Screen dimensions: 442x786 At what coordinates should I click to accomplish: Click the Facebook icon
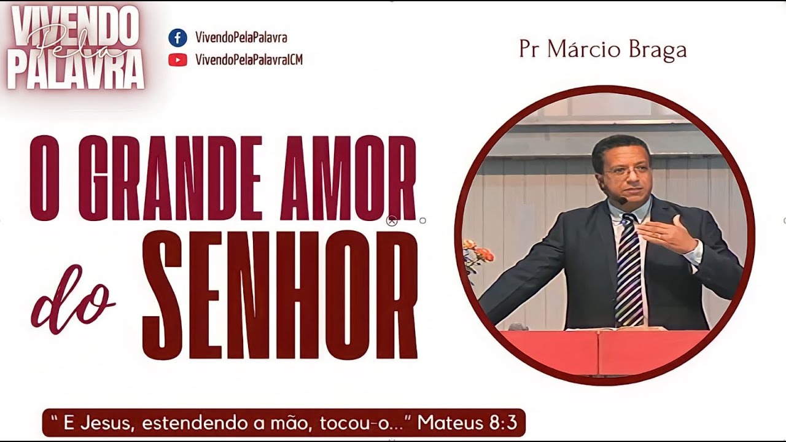coord(177,37)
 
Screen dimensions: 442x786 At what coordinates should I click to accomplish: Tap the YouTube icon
coord(177,60)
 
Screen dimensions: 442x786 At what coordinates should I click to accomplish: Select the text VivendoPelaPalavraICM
coord(249,60)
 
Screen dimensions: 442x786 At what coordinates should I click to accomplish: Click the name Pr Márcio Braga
coord(602,50)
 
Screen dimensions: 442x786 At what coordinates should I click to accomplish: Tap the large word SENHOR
coord(280,295)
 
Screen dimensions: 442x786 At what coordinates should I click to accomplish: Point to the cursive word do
coord(74,303)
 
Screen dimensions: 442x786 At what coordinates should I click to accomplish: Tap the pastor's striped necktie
coord(629,270)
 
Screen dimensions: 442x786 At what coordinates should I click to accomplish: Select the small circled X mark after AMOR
coord(392,221)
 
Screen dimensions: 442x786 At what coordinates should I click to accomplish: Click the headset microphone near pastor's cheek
coord(623,201)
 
